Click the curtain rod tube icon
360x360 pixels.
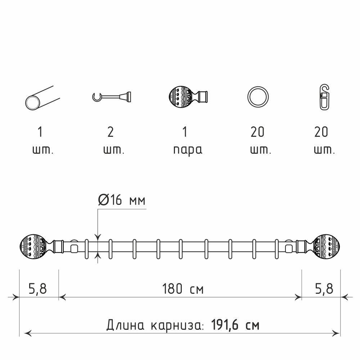[42, 98]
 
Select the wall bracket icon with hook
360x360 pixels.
[112, 96]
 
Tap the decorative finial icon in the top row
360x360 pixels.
[188, 97]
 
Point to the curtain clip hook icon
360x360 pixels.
[324, 97]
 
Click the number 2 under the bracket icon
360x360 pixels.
[111, 132]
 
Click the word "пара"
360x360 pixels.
[188, 150]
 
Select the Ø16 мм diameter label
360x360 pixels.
[122, 200]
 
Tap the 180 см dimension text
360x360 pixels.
[183, 289]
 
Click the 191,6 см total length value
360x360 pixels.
[235, 325]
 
